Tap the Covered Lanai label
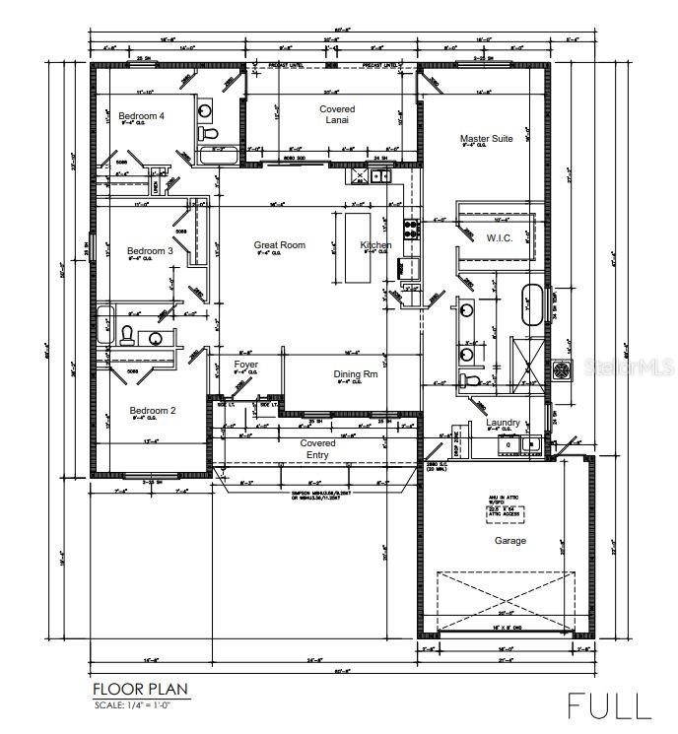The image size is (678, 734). point(337,114)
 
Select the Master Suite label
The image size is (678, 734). point(486,139)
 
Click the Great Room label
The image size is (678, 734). point(279,245)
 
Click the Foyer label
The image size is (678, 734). point(245,365)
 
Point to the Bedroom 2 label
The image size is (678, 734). point(152,410)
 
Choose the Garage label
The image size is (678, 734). point(509,541)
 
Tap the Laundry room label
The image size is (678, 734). point(503,423)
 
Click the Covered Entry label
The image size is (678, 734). point(317,448)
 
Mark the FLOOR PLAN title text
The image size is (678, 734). point(139,689)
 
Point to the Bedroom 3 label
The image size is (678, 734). point(150,251)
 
